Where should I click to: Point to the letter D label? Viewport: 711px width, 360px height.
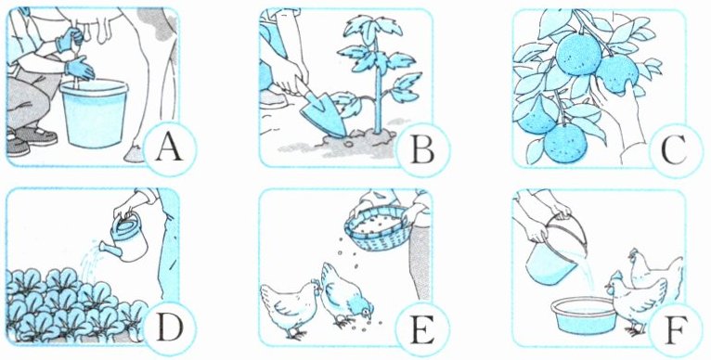tap(169, 328)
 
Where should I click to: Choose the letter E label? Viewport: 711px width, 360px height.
tap(422, 328)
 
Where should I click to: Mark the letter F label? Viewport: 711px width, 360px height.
tap(674, 328)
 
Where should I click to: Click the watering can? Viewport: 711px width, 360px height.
tap(125, 238)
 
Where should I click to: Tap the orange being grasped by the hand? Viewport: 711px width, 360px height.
tap(616, 74)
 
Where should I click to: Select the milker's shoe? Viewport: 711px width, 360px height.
tap(40, 135)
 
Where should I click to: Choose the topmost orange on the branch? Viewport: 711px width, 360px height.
tap(578, 55)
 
